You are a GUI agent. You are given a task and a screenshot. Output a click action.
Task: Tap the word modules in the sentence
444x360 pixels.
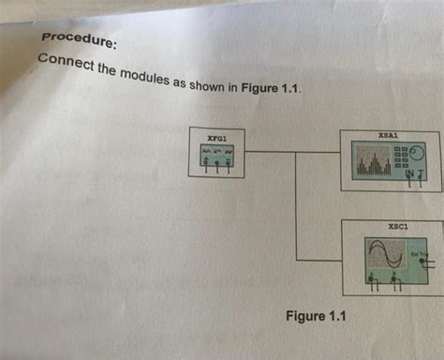click(135, 76)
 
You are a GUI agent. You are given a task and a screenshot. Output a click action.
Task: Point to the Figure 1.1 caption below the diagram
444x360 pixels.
click(316, 316)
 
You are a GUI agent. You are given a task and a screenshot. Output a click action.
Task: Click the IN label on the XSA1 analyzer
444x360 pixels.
click(409, 174)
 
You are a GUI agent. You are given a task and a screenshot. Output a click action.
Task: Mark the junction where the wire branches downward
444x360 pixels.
click(296, 150)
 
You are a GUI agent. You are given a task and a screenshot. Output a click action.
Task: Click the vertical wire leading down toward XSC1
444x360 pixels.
click(296, 206)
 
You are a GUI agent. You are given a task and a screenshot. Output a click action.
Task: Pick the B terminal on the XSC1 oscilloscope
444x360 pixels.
click(399, 278)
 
